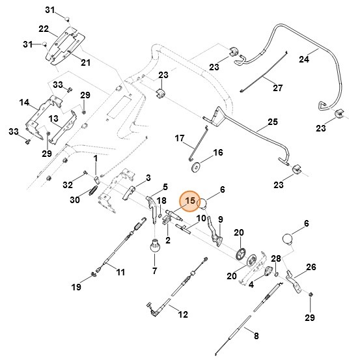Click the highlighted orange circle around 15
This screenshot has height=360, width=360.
190,202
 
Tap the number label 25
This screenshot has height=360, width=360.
273,122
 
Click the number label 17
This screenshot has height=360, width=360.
180,138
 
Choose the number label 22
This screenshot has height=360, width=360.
44,29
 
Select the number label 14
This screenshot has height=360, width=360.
25,102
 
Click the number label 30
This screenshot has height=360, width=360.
75,200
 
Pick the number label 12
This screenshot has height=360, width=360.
182,314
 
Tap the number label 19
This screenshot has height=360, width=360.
76,287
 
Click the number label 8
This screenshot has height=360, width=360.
256,336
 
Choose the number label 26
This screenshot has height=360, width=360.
311,267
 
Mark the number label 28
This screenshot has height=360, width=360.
276,258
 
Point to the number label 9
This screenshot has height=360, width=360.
220,219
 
